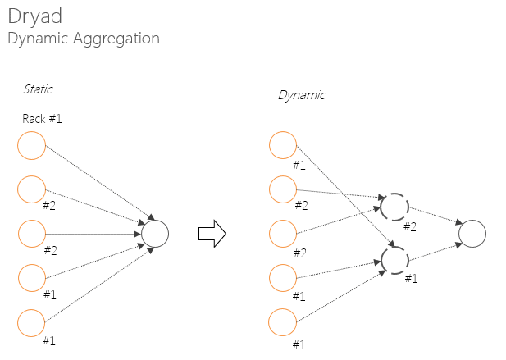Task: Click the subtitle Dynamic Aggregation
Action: pyautogui.click(x=83, y=39)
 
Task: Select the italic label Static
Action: pyautogui.click(x=38, y=89)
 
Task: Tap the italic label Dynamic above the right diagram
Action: pyautogui.click(x=301, y=95)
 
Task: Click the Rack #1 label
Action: pyautogui.click(x=42, y=119)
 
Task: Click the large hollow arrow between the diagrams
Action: pyautogui.click(x=212, y=234)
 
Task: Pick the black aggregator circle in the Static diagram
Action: pyautogui.click(x=155, y=234)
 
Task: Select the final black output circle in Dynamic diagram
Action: pyautogui.click(x=472, y=234)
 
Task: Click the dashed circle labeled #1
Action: pyautogui.click(x=394, y=259)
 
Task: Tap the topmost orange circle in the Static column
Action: pyautogui.click(x=31, y=147)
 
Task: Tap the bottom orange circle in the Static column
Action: pyautogui.click(x=31, y=321)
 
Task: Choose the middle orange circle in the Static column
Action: pyautogui.click(x=31, y=234)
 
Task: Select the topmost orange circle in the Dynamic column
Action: pyautogui.click(x=282, y=147)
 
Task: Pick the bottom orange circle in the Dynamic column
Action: pyautogui.click(x=282, y=321)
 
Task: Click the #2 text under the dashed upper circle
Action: pyautogui.click(x=410, y=226)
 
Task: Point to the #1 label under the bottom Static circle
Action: pyautogui.click(x=49, y=339)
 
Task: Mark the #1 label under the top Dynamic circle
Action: pyautogui.click(x=299, y=165)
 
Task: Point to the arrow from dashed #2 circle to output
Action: pyautogui.click(x=433, y=218)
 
